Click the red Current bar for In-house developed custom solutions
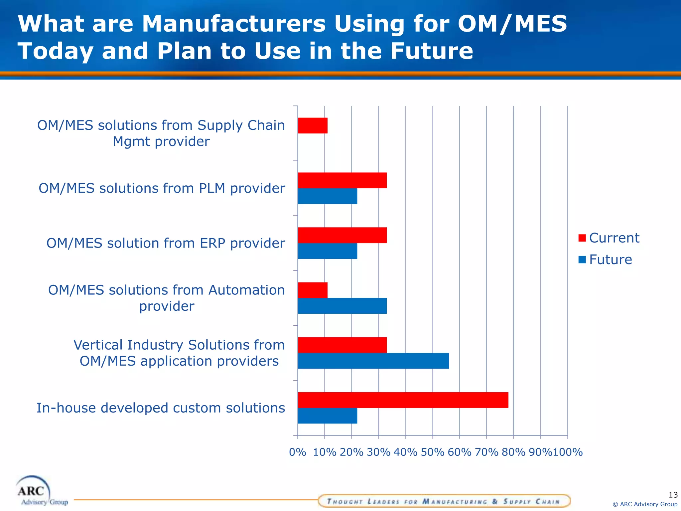403,400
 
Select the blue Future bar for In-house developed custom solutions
327,416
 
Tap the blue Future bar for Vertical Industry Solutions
373,361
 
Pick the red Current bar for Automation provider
313,290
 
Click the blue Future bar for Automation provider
342,306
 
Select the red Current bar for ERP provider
342,235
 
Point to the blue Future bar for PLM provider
327,196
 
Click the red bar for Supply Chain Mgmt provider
313,125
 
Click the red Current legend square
582,238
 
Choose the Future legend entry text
611,259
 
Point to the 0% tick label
297,452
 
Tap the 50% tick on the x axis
432,452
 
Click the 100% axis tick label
568,452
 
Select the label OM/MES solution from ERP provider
166,243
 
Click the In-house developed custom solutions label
161,408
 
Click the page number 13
673,495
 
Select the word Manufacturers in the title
234,24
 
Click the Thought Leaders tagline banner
444,501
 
